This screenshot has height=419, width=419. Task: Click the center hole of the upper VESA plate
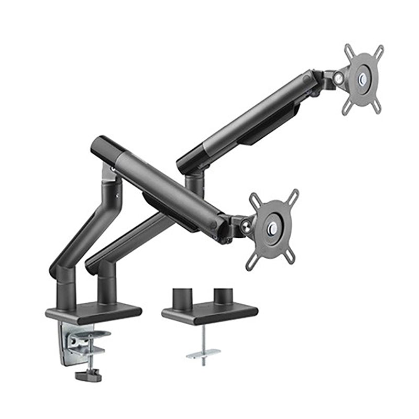click(362, 79)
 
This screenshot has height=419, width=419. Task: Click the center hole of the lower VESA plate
click(272, 228)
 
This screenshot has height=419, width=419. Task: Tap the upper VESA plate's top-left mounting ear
click(349, 51)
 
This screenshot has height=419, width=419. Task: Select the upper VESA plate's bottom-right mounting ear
click(376, 108)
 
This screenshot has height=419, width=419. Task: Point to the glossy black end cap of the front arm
click(102, 147)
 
